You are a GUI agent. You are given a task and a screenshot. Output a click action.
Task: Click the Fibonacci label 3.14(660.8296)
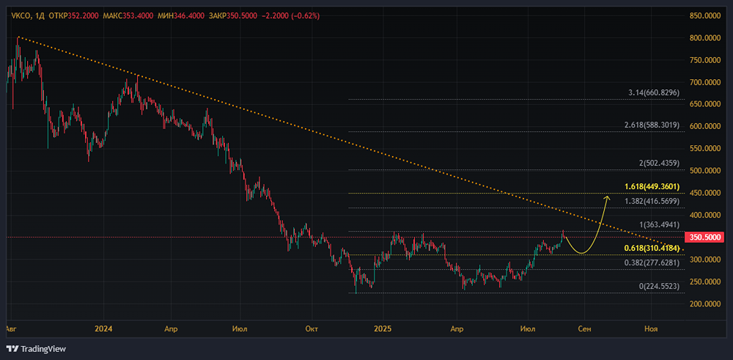[x=655, y=93]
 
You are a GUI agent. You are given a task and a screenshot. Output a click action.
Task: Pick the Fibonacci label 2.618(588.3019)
[x=652, y=125]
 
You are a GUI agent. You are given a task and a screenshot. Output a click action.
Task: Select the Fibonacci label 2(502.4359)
[x=660, y=164]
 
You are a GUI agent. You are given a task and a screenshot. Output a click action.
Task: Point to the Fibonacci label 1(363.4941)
[x=660, y=224]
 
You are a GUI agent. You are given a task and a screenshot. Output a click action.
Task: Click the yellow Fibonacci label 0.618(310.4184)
[x=651, y=248]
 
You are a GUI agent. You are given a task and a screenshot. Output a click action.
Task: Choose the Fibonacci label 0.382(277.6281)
[x=652, y=262]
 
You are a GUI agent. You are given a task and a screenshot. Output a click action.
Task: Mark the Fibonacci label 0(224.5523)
[x=660, y=286]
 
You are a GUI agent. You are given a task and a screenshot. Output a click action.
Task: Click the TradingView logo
[x=36, y=348]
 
